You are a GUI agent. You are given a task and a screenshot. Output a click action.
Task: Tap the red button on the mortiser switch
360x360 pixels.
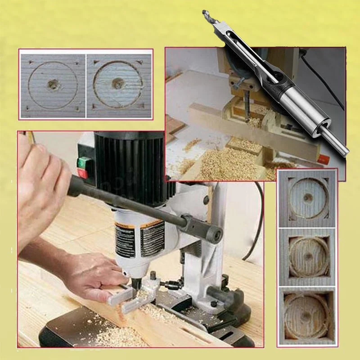pos(82,173)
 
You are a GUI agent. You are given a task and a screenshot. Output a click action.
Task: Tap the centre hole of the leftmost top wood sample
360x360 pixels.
pos(53,84)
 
